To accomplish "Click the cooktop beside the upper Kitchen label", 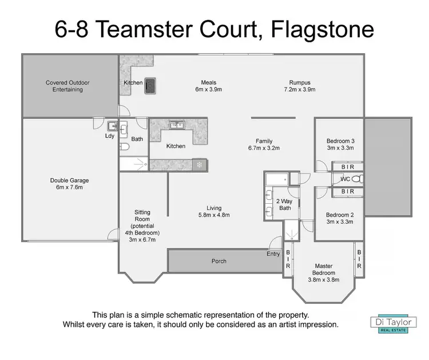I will pos(150,85).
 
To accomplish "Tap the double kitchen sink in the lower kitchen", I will pos(176,124).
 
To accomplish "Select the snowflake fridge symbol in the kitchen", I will pos(199,165).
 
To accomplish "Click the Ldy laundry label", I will pos(109,136).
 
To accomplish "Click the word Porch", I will pos(219,261).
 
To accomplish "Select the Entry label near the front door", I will pos(273,253).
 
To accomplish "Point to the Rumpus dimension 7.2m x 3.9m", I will pos(300,90).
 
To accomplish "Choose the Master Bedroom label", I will pos(323,269).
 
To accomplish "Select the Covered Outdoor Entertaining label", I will pos(68,86).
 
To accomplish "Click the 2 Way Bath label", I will pos(284,204).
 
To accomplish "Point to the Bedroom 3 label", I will pos(340,141).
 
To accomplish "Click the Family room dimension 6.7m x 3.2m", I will pos(264,148).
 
